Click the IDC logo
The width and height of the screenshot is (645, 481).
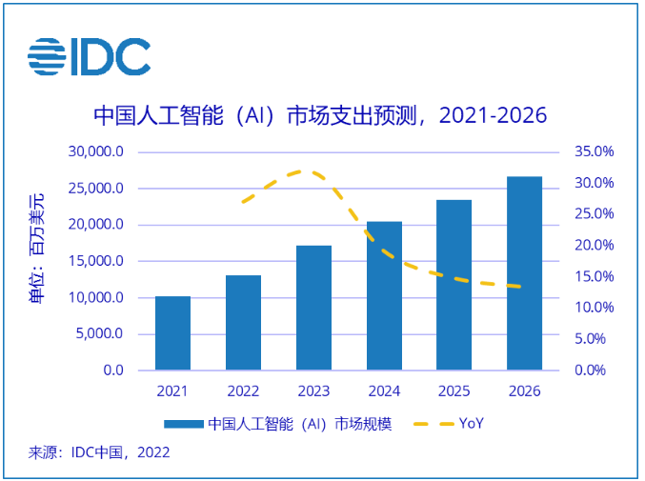89,58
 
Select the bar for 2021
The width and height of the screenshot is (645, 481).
172,333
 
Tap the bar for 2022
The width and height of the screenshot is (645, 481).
243,323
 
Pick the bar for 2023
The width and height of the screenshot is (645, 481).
313,308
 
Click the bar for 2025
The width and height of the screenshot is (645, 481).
454,285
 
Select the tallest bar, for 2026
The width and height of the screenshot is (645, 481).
524,273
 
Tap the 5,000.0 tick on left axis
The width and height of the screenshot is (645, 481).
99,334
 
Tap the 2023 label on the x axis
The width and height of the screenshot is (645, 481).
313,391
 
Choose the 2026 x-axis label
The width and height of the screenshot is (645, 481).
524,391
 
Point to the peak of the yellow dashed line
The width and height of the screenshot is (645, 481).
303,171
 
